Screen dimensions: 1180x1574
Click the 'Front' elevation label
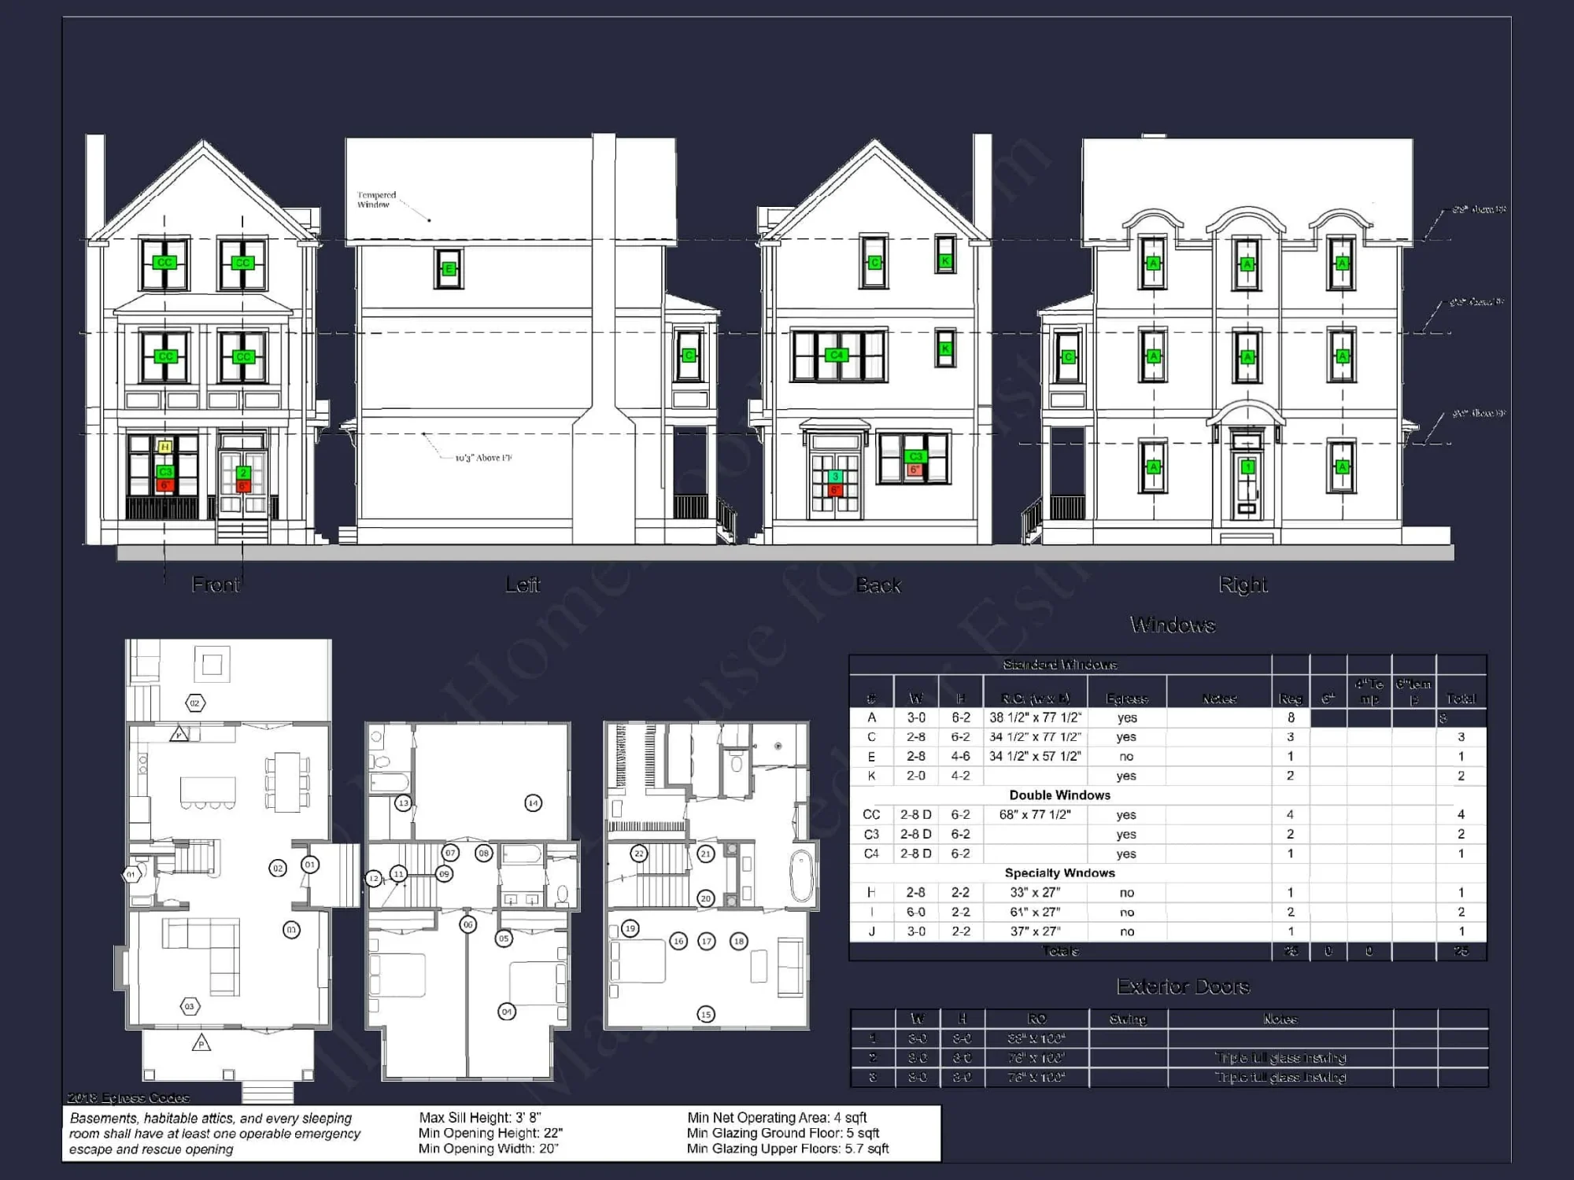216,584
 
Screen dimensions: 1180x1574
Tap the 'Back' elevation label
878,585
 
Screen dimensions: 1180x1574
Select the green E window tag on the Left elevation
449,269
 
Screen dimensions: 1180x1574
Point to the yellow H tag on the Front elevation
164,448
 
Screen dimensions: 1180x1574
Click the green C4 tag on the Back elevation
837,356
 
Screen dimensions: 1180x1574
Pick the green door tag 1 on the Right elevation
1247,467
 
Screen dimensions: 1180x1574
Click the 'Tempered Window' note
376,200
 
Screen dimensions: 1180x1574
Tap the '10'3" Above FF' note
483,458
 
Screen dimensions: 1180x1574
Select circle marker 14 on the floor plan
534,803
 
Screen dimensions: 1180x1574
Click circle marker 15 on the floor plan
706,1015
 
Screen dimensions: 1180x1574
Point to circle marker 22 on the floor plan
639,854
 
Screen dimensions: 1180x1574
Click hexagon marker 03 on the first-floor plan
189,1006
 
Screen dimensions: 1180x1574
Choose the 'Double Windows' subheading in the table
1059,795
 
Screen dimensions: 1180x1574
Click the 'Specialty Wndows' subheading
1059,873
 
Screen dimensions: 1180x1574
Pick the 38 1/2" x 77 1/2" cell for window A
1035,717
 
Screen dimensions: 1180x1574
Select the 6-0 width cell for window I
916,912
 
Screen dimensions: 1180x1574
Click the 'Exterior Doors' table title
1183,986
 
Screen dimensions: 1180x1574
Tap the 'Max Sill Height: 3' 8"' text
480,1117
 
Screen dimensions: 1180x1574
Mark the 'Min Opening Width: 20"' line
488,1149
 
